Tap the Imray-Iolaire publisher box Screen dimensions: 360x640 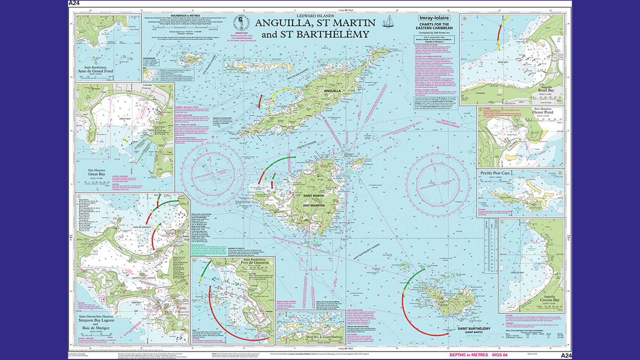(435, 19)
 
